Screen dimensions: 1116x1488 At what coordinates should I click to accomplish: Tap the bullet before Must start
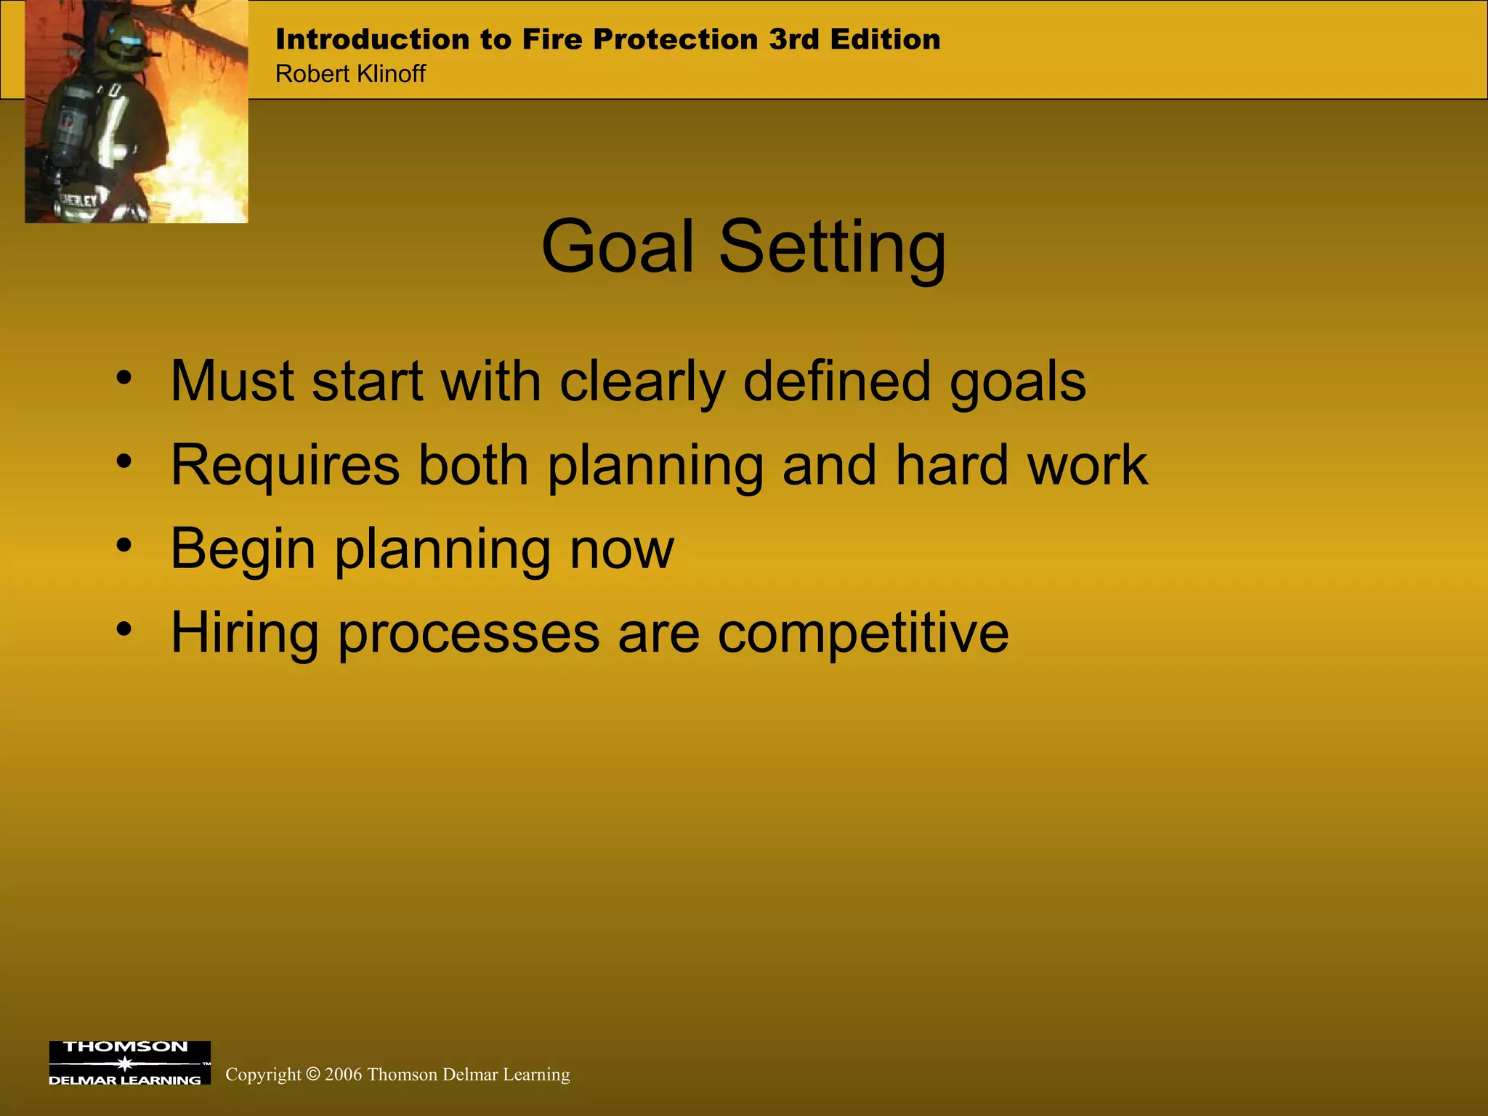[x=124, y=378]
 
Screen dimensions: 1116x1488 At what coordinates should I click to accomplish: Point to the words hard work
[x=1021, y=465]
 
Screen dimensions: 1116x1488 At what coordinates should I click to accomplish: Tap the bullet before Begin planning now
[x=124, y=545]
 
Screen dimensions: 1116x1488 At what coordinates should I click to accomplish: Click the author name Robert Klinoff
[x=350, y=74]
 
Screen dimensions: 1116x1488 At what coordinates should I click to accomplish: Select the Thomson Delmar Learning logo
[x=129, y=1062]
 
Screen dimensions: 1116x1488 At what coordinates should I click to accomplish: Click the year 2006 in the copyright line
[x=343, y=1075]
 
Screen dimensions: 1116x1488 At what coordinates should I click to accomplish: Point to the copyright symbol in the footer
[x=313, y=1074]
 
